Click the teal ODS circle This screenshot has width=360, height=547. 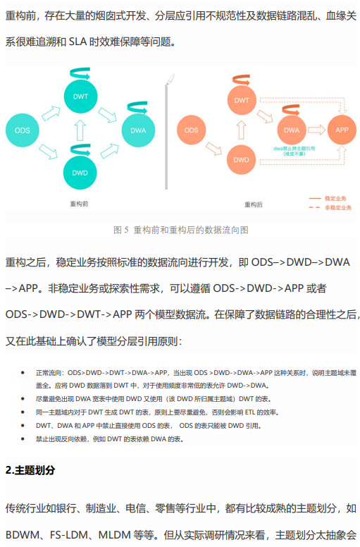[23, 130]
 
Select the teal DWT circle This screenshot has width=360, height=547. [80, 97]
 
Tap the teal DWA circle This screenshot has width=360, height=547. [138, 130]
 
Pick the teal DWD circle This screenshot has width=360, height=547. [80, 173]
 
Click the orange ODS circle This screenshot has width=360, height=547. [192, 130]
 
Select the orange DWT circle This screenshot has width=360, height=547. [242, 101]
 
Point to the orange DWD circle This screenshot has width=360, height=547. [241, 160]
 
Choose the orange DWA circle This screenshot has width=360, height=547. [292, 130]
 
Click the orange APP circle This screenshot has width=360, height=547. [342, 130]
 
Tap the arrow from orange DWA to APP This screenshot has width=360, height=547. [316, 130]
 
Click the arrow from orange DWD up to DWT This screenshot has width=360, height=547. [241, 130]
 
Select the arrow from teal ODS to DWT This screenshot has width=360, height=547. [51, 113]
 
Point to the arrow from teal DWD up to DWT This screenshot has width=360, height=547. [80, 130]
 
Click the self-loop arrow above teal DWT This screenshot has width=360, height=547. [80, 73]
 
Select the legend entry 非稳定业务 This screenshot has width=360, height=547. [330, 207]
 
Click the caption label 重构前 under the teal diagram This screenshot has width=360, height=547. [79, 204]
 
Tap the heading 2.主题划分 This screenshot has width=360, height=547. [30, 470]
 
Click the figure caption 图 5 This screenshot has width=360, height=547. [121, 230]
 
